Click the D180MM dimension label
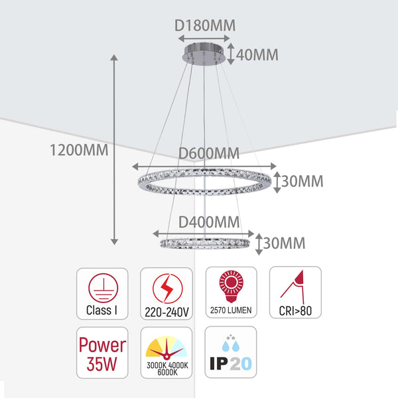pos(205,26)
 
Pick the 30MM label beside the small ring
pos(285,243)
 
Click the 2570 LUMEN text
pos(230,310)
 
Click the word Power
pos(102,345)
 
